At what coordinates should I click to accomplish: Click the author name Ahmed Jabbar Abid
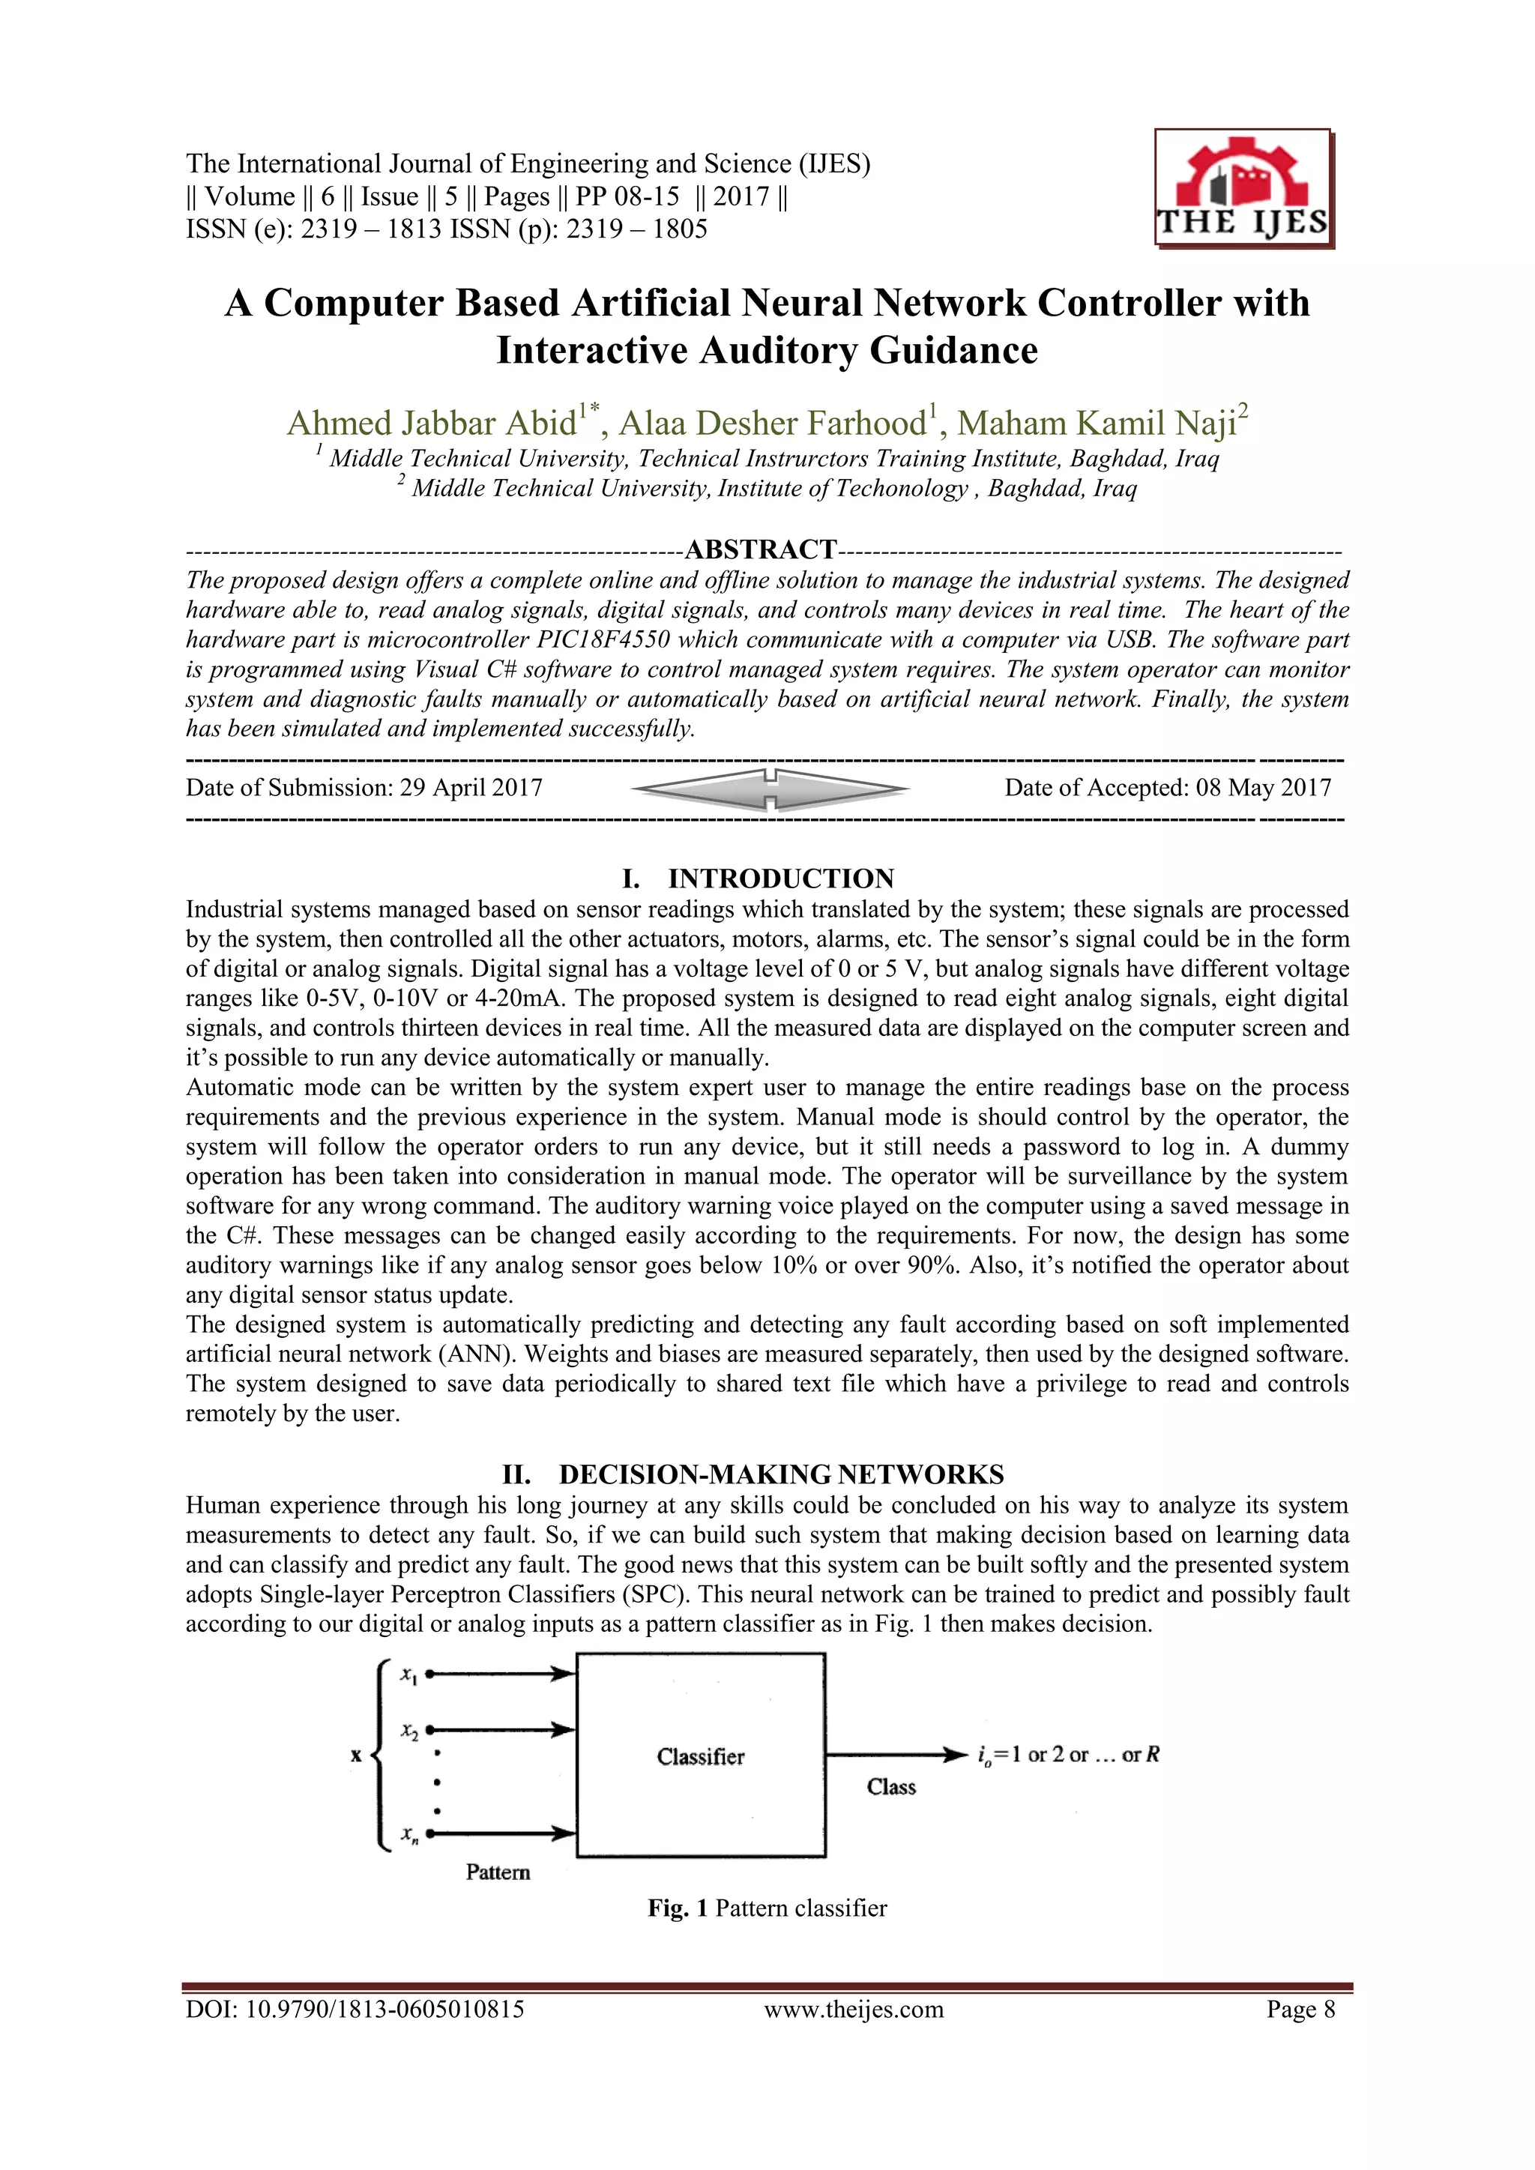click(x=432, y=424)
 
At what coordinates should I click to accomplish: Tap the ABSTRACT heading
click(x=760, y=549)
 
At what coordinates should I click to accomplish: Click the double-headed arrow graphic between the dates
click(x=770, y=789)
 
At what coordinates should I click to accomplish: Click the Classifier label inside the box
click(x=700, y=1756)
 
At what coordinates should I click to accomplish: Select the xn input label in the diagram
click(x=408, y=1834)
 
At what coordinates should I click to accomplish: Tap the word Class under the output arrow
click(x=890, y=1786)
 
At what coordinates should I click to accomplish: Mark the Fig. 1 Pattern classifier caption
click(x=767, y=1908)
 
